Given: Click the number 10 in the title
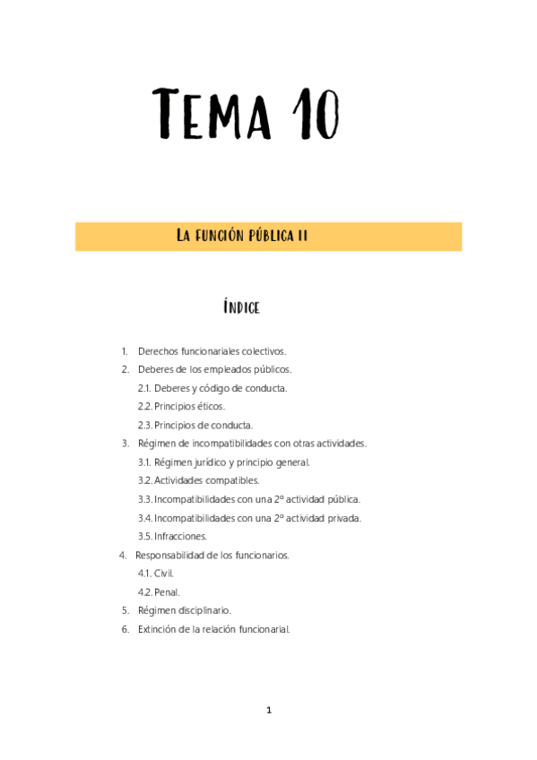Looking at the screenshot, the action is [315, 115].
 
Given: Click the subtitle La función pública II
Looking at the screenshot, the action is [242, 237].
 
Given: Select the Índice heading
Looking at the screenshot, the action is [241, 307].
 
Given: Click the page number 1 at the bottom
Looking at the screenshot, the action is [268, 710].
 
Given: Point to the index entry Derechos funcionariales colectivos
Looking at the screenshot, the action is [212, 351].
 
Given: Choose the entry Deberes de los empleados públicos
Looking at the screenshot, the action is [214, 369].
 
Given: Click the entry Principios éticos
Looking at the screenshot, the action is [189, 407].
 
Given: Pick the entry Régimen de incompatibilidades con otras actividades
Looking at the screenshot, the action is [252, 444].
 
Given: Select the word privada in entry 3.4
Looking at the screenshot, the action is [343, 518].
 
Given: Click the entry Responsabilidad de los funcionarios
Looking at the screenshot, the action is [212, 555].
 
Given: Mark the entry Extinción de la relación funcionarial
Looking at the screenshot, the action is [213, 629].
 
